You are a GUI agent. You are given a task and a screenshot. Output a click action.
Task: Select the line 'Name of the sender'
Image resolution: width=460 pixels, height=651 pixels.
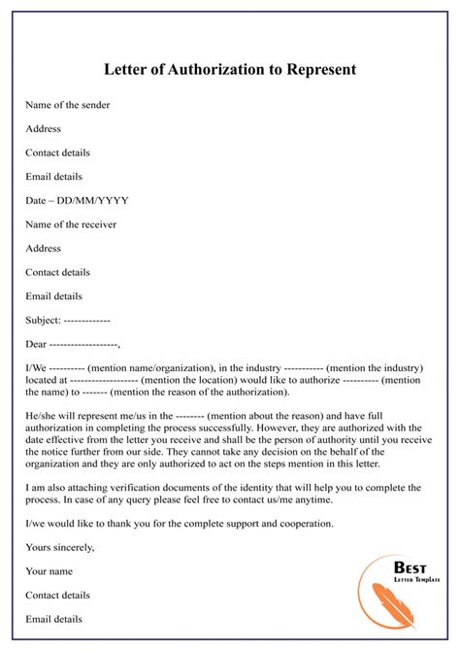(69, 104)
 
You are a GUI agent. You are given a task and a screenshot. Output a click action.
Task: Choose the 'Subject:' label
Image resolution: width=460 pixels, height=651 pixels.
(45, 319)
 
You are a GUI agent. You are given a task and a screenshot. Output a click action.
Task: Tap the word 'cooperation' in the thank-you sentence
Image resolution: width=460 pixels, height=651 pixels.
(305, 523)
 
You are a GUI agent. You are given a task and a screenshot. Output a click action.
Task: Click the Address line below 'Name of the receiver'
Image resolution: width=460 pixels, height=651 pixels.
(44, 248)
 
